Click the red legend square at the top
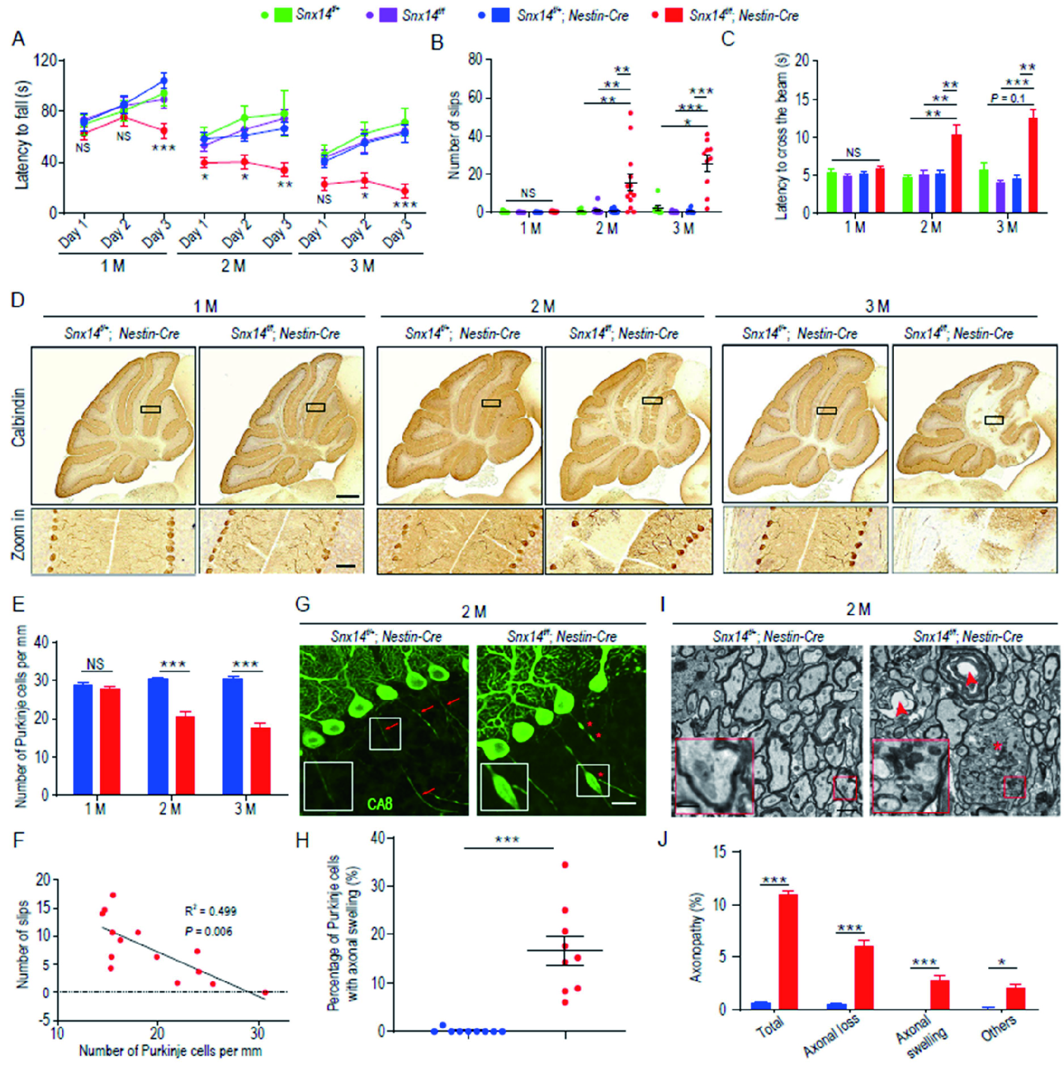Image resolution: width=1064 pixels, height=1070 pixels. coord(673,14)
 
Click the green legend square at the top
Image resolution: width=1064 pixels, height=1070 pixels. coord(283,14)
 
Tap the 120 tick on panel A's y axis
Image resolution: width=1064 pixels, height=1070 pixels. coord(46,61)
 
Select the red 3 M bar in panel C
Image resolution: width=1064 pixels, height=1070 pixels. coord(1033,165)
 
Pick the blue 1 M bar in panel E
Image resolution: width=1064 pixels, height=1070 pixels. coord(83,739)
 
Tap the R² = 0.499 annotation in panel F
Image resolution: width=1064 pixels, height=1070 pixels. coord(210,911)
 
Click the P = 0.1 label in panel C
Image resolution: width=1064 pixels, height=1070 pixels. coord(1008,98)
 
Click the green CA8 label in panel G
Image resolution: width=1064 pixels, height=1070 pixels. coord(379,803)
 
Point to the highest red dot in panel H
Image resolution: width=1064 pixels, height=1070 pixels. coord(565,865)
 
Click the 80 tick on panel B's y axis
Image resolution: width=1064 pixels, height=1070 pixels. coord(475,59)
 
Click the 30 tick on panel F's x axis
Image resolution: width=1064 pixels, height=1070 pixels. coord(258,1033)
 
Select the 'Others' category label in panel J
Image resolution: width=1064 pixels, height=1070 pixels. coord(998,1028)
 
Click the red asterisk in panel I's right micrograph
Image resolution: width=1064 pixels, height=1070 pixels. coord(997,747)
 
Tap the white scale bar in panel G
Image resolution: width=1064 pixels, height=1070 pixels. coord(625,802)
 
